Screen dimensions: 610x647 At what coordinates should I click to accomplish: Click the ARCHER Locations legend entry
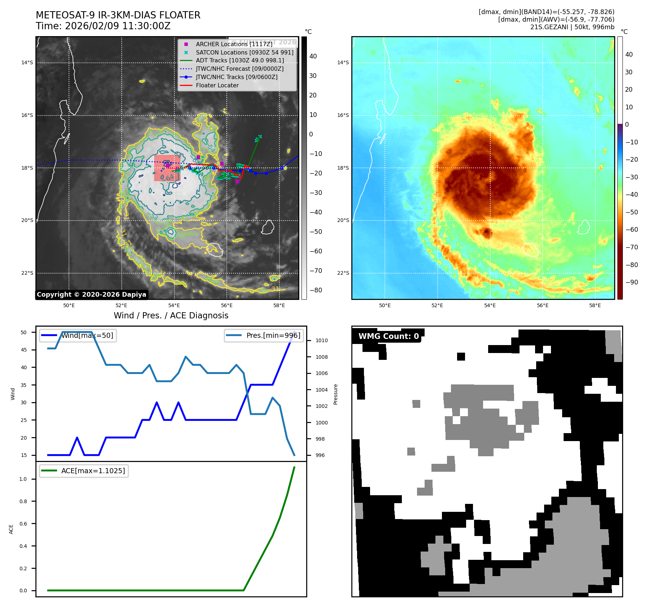pos(234,44)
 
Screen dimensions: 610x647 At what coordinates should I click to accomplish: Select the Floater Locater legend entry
pos(217,86)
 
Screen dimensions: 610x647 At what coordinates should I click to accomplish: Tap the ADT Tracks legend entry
pos(240,61)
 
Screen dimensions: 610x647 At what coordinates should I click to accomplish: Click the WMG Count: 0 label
pos(388,336)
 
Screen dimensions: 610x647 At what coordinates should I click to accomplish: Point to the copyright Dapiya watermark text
pos(91,295)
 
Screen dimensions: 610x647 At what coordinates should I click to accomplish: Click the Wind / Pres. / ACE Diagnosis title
pos(171,315)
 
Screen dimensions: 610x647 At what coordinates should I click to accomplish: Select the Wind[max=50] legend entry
pos(87,336)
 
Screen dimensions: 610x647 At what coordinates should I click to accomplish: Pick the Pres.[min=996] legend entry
pos(273,336)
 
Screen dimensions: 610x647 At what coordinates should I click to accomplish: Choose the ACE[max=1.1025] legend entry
pos(93,471)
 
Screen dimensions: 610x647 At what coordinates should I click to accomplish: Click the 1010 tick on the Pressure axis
pos(321,340)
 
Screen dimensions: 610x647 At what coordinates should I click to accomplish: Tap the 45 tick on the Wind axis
pos(24,350)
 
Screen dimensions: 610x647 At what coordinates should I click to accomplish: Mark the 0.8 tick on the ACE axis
pos(23,501)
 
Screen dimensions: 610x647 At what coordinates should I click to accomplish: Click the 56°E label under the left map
pos(227,305)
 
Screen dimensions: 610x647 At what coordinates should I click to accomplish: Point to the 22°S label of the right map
pos(343,273)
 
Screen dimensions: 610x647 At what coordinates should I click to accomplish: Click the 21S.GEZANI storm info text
pos(572,27)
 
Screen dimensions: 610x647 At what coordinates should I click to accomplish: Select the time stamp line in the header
pos(103,26)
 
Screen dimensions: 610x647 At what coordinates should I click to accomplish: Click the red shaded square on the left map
pos(167,168)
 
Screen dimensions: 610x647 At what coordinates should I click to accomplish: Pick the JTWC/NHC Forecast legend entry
pos(239,69)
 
